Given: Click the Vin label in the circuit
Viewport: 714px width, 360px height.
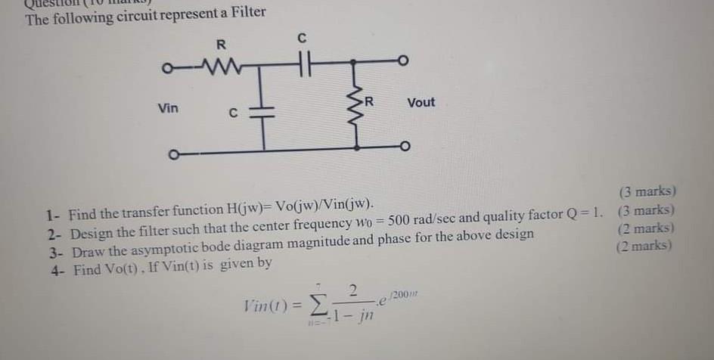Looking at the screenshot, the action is pos(168,109).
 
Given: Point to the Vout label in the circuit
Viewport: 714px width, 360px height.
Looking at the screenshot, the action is pos(421,102).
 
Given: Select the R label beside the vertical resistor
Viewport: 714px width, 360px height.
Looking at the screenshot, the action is pos(369,101).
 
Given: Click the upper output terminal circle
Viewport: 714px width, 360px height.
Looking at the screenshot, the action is pos(404,61).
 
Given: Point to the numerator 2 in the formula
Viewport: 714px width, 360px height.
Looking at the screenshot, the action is pos(352,291).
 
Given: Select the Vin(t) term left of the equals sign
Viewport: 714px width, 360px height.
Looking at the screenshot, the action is pos(260,308).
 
